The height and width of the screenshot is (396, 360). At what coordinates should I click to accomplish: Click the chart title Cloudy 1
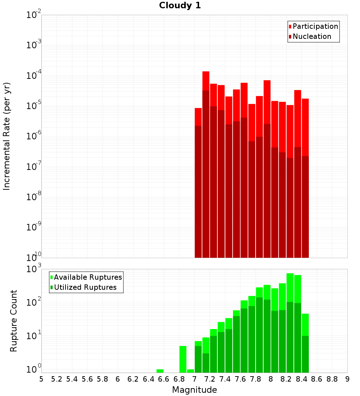point(180,5)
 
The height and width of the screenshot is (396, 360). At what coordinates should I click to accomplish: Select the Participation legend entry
point(315,26)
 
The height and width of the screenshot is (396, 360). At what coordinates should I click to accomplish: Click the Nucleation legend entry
point(311,36)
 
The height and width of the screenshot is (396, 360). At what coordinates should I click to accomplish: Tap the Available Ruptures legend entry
point(87,277)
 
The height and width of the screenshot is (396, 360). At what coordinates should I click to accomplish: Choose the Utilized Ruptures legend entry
point(85,287)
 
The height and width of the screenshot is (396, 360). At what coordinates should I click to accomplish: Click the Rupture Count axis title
point(14,320)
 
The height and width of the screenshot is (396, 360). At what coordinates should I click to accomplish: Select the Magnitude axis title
point(194,390)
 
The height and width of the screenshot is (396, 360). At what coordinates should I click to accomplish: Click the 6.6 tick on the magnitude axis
point(164,379)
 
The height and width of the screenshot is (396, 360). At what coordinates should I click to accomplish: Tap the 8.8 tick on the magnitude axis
point(332,379)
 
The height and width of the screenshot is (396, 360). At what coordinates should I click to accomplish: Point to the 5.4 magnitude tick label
point(72,379)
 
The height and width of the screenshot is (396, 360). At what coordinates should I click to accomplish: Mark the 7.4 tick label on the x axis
point(225,379)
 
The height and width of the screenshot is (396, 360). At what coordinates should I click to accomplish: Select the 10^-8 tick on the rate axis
point(33,197)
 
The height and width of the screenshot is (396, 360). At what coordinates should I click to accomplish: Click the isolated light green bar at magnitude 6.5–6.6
point(160,371)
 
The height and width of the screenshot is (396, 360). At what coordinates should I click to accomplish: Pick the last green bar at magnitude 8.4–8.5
point(305,324)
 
